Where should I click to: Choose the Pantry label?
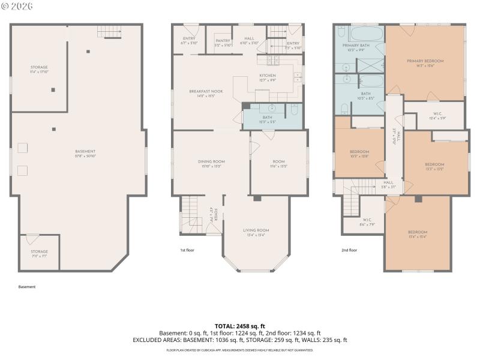coord(223,43)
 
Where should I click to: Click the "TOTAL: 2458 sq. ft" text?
coord(239,326)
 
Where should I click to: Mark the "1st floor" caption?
coord(187,250)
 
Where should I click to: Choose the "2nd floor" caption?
coord(349,250)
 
